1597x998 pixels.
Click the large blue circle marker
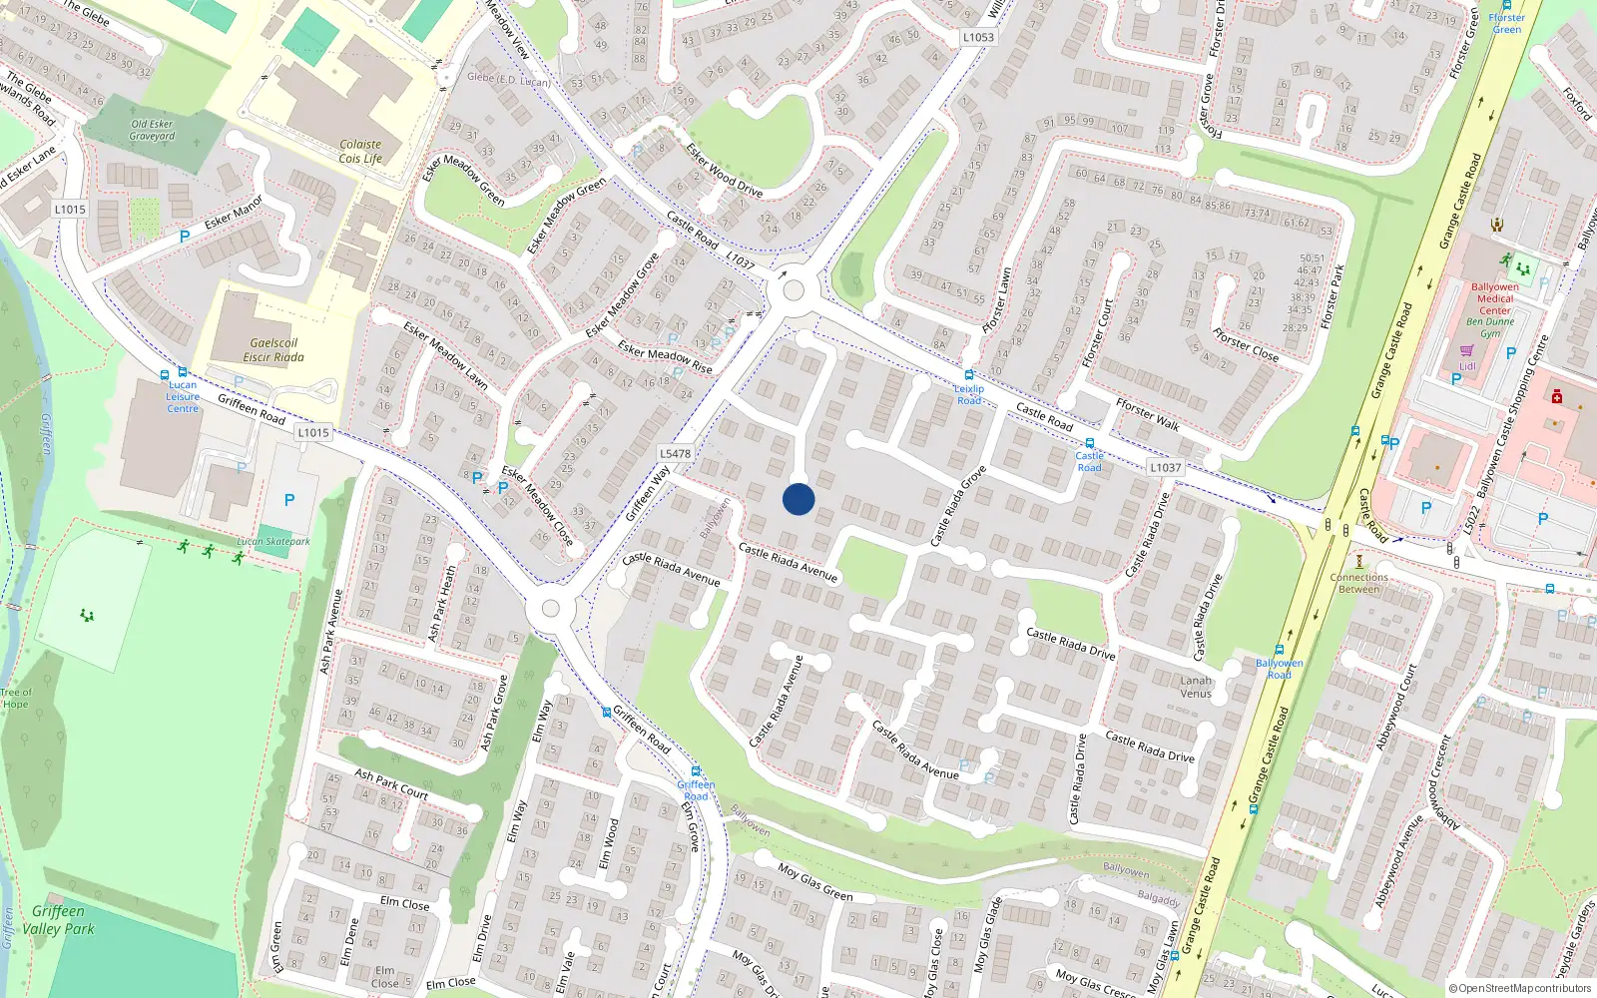(x=798, y=499)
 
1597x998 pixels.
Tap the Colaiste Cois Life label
(x=360, y=152)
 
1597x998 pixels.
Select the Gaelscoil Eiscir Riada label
(x=273, y=350)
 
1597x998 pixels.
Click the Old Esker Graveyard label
(x=152, y=130)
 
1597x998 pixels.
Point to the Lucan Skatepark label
(x=273, y=542)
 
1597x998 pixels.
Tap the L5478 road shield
(x=675, y=453)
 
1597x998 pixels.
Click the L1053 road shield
(x=978, y=37)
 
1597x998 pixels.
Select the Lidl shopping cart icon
(x=1466, y=350)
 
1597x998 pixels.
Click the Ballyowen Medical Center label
(x=1494, y=298)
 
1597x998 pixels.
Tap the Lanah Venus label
(x=1196, y=687)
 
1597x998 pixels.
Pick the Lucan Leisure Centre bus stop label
(x=183, y=397)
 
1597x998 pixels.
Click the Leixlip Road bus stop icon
(x=968, y=375)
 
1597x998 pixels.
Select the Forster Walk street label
(x=1148, y=414)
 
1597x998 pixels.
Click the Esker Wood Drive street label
(x=724, y=170)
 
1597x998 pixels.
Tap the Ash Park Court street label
(x=391, y=783)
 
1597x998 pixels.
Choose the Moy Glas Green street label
(x=814, y=882)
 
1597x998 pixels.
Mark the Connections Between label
(x=1358, y=583)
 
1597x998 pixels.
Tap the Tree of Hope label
(x=16, y=698)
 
